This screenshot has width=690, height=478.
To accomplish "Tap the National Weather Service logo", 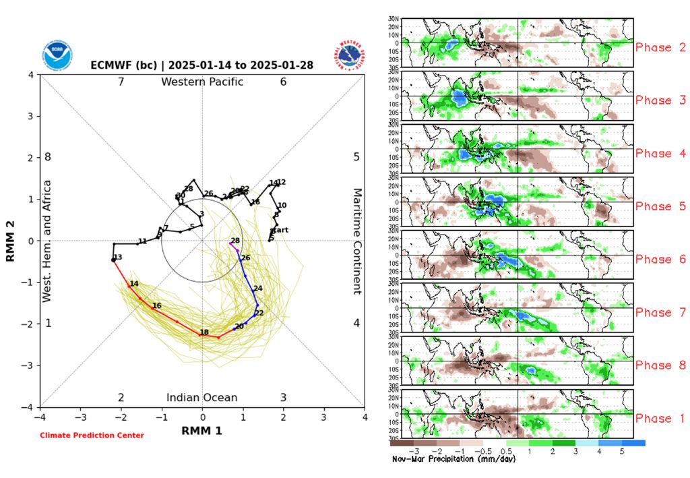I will tap(348, 56).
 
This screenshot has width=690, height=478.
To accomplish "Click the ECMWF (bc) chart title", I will tap(201, 66).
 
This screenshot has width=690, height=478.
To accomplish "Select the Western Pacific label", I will tap(202, 82).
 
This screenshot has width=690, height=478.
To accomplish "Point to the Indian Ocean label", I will tap(202, 398).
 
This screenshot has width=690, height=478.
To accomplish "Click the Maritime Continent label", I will tap(358, 241).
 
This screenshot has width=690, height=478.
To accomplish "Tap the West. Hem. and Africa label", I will tap(47, 241).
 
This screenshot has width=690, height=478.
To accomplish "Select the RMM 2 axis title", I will tap(11, 241).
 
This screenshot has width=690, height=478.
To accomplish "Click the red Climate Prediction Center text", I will tap(92, 436).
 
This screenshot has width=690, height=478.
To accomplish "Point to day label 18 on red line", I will tap(203, 332).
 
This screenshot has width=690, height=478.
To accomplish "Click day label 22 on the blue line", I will tap(259, 313).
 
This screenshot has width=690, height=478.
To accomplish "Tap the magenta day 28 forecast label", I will tap(235, 241).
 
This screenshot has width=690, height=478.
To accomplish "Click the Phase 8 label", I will tap(654, 365).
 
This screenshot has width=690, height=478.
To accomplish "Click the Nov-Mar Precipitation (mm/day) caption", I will tap(453, 458).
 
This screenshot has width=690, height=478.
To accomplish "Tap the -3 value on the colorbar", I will tap(416, 450).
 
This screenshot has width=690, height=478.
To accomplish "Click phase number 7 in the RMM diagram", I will tap(121, 82).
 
